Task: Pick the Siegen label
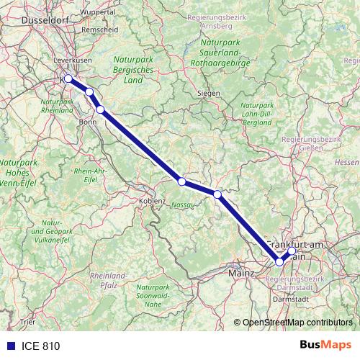pos(210,94)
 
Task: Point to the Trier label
pos(28,322)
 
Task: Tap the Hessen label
pos(346,163)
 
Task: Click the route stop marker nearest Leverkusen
pos(68,78)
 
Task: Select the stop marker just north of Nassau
pos(182,181)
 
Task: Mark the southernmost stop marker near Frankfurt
pos(279,262)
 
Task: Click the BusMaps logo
pos(325,346)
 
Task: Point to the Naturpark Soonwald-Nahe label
pos(153,296)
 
